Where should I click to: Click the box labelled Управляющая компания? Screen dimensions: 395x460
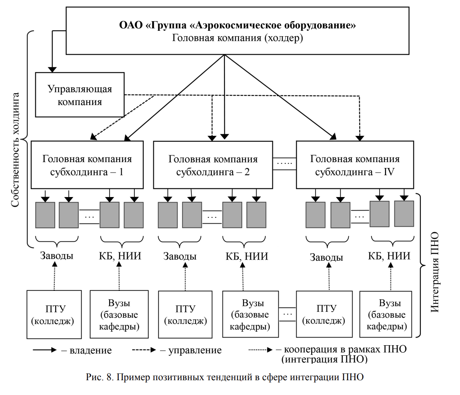pyautogui.click(x=80, y=95)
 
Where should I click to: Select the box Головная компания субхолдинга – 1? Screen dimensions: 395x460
pyautogui.click(x=87, y=165)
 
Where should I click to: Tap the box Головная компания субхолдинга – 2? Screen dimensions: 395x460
pyautogui.click(x=213, y=165)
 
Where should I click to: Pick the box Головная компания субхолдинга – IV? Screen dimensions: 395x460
pyautogui.click(x=355, y=165)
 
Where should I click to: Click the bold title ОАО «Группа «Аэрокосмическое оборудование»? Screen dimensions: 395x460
pyautogui.click(x=238, y=25)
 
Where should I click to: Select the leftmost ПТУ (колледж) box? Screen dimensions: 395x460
pyautogui.click(x=53, y=314)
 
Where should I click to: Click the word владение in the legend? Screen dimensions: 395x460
pyautogui.click(x=91, y=350)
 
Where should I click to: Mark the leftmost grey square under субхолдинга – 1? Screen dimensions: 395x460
pyautogui.click(x=45, y=215)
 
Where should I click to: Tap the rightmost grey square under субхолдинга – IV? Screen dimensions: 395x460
pyautogui.click(x=404, y=214)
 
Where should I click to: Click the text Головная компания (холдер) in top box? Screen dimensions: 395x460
pyautogui.click(x=238, y=38)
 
